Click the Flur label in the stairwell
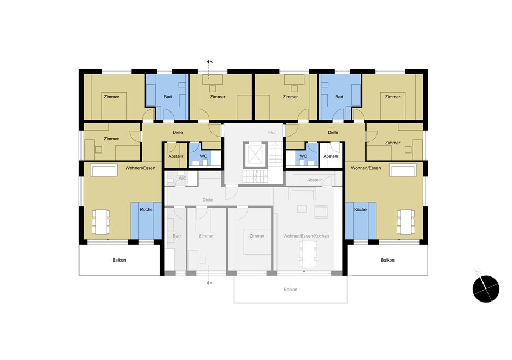tap(272, 132)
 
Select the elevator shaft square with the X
tap(255, 155)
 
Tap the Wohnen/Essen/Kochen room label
tap(306, 235)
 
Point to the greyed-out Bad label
tap(176, 235)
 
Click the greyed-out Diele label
tap(207, 200)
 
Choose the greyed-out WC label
tap(182, 178)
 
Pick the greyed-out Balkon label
tap(290, 289)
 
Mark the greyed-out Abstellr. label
tap(315, 180)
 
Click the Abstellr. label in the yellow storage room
tap(176, 156)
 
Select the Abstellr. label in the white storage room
tap(332, 156)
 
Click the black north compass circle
tap(486, 289)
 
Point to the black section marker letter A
tap(211, 61)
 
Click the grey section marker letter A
tap(211, 282)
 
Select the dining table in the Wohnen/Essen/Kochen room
tap(308, 254)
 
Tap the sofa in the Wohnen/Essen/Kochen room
tap(302, 194)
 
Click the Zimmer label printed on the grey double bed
tap(257, 235)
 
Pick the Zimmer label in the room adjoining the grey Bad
tap(206, 235)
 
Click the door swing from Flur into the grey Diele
tap(232, 193)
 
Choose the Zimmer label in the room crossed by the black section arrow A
tap(218, 97)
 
